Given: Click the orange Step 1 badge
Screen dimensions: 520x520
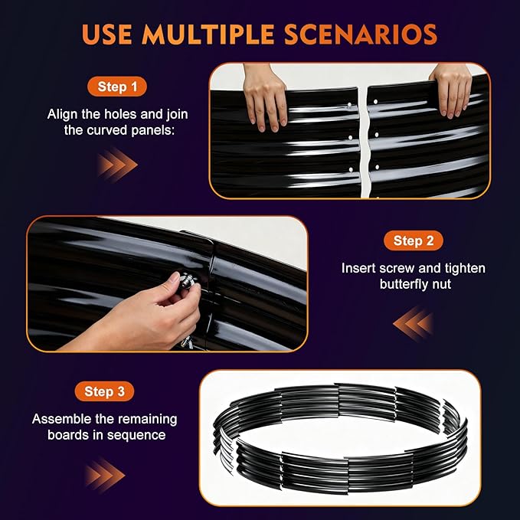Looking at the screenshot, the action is click(117, 87).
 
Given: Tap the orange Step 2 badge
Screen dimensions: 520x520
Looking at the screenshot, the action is click(414, 240).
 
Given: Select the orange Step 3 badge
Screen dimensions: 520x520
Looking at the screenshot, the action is click(104, 391).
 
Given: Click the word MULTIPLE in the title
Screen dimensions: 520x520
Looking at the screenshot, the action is click(208, 34).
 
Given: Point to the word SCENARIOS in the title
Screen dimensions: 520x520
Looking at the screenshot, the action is click(361, 34).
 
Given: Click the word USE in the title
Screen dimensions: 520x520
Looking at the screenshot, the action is click(106, 34).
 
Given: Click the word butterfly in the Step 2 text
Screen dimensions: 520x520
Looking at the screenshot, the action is click(399, 284).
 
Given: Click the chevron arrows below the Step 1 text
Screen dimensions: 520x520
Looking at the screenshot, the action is click(117, 165).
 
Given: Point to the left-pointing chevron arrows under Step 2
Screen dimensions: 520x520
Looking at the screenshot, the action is click(414, 323).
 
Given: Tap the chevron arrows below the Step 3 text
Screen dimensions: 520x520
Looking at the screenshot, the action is click(104, 476).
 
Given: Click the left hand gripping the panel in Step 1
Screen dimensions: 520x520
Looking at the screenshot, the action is click(265, 97).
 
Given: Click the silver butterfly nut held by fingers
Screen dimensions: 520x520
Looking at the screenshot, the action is click(187, 280).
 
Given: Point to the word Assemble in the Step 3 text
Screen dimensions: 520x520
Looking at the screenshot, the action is click(61, 419).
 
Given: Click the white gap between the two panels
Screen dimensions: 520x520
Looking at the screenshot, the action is click(364, 142).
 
